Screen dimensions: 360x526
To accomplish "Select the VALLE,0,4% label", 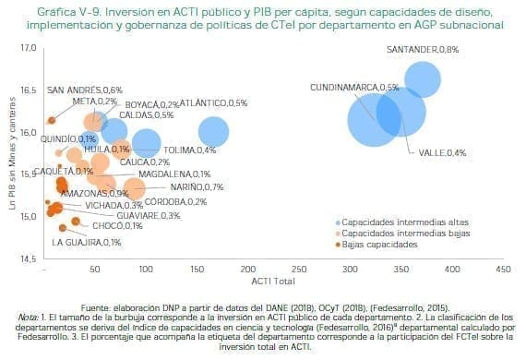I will coord(442,152).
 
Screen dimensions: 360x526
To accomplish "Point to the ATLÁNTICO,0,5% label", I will coord(213,103).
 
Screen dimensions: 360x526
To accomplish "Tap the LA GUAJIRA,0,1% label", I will coord(87,242).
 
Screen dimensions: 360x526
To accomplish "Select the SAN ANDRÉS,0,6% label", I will coord(85,90).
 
